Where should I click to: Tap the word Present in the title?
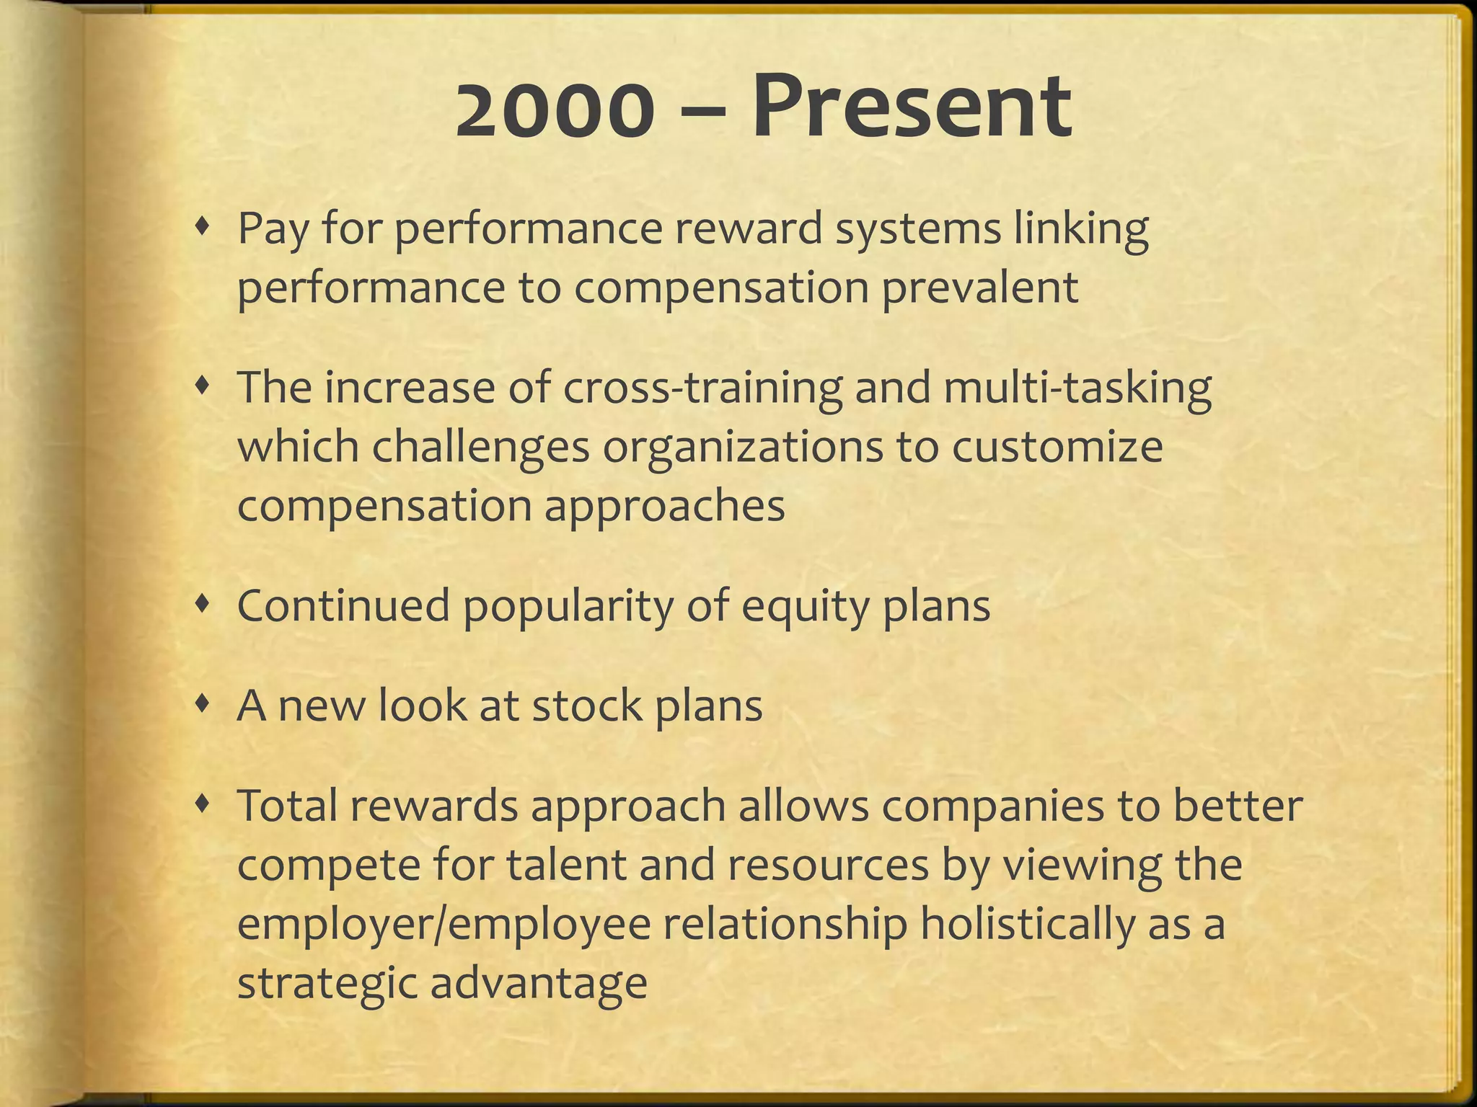[912, 108]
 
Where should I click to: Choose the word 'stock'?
[586, 706]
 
